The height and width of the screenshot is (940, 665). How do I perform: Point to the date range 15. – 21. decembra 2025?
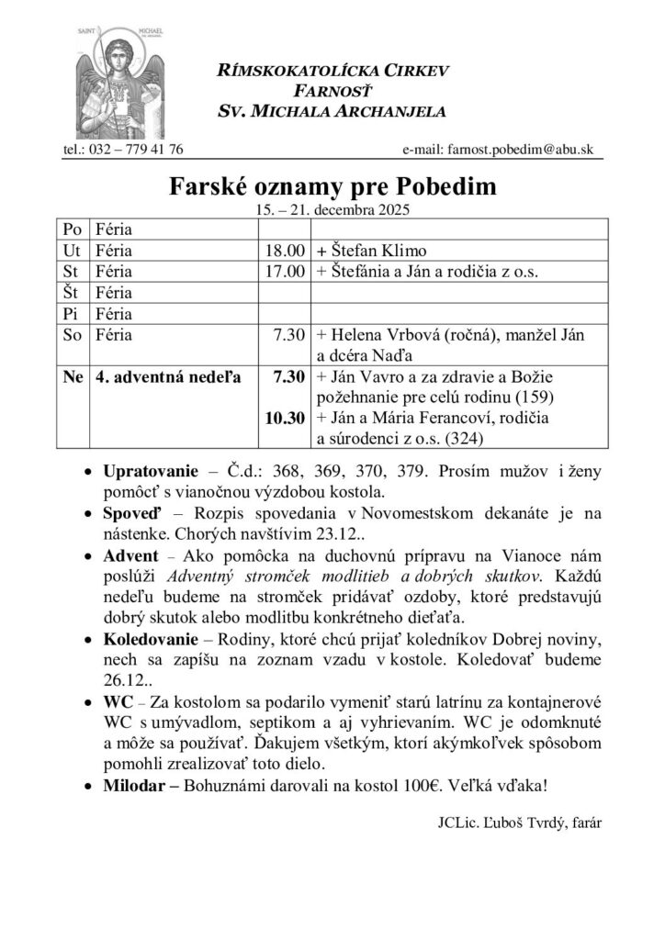click(332, 209)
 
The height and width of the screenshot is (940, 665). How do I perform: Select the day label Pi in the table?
click(69, 315)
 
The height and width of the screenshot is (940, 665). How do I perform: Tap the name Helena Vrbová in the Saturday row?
click(376, 336)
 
